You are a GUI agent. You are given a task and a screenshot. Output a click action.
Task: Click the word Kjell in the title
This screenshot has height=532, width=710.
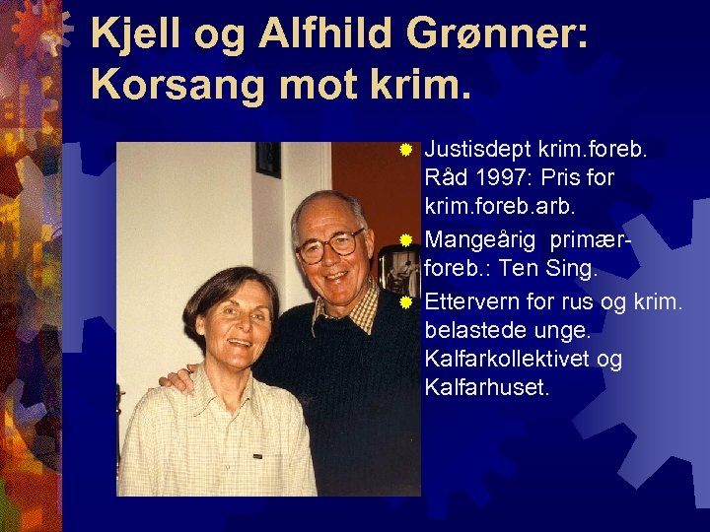point(126,34)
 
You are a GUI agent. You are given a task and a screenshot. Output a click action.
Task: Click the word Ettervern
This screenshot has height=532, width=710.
point(465,300)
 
